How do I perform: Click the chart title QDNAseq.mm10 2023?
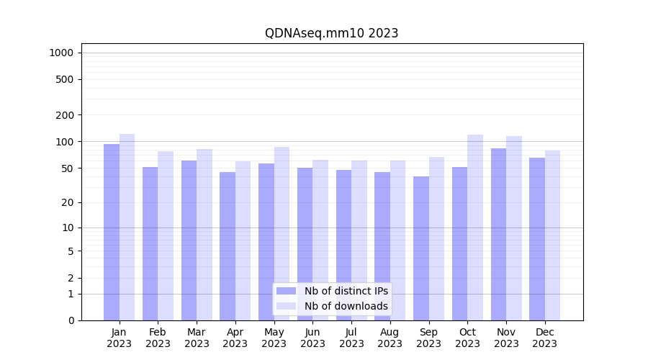(331, 33)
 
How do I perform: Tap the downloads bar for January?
(127, 227)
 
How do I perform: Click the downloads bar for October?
(475, 228)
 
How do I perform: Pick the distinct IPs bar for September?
(421, 248)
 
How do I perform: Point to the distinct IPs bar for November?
(498, 234)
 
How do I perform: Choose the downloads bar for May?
(282, 233)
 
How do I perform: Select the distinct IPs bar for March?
(189, 240)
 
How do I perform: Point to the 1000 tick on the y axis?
(61, 53)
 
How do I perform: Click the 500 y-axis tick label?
(65, 79)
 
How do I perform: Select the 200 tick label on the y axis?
(65, 115)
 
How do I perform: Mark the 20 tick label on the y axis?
(67, 202)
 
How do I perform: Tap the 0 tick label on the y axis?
(71, 320)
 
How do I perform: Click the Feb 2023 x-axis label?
(158, 338)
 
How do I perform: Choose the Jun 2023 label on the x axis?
(312, 338)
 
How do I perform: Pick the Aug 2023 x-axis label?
(390, 338)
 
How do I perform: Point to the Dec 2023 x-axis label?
(544, 338)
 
